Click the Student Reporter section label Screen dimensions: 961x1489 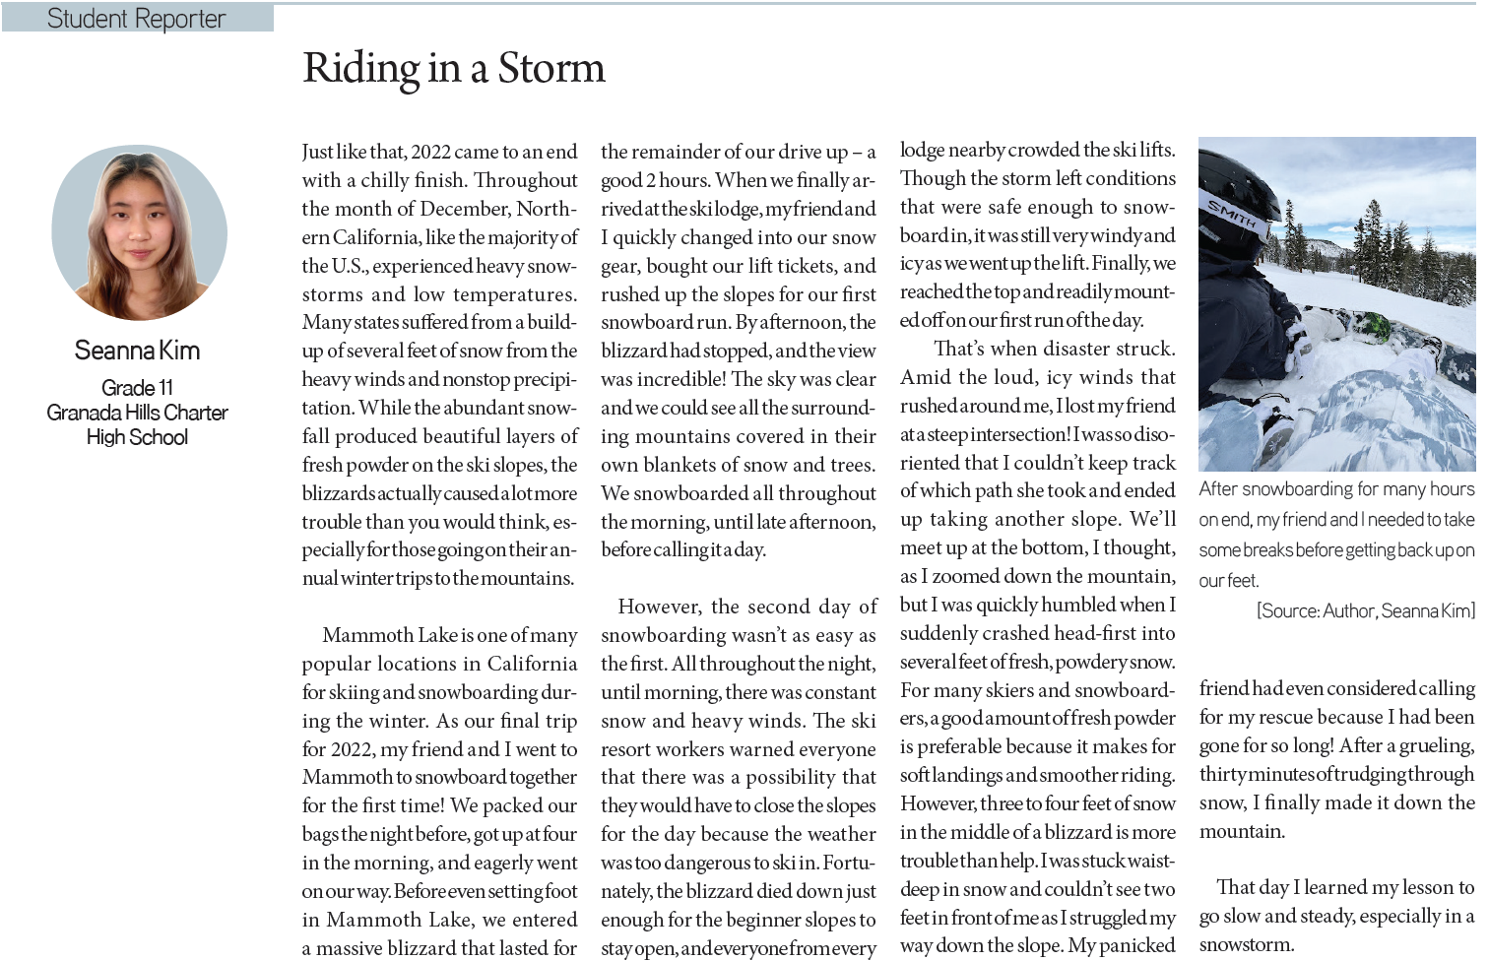click(x=137, y=19)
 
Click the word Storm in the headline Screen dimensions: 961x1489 click(x=551, y=69)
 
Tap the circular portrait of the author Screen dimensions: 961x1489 click(x=139, y=232)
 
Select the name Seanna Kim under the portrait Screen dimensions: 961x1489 click(x=137, y=351)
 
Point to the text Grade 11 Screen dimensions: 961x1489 click(x=137, y=388)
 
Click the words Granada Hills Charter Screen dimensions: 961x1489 click(x=137, y=413)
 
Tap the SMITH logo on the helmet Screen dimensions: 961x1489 click(x=1231, y=214)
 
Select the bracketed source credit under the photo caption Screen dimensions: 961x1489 click(x=1365, y=611)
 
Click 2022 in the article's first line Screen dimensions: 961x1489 click(x=430, y=152)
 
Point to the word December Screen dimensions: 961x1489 click(x=467, y=209)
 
